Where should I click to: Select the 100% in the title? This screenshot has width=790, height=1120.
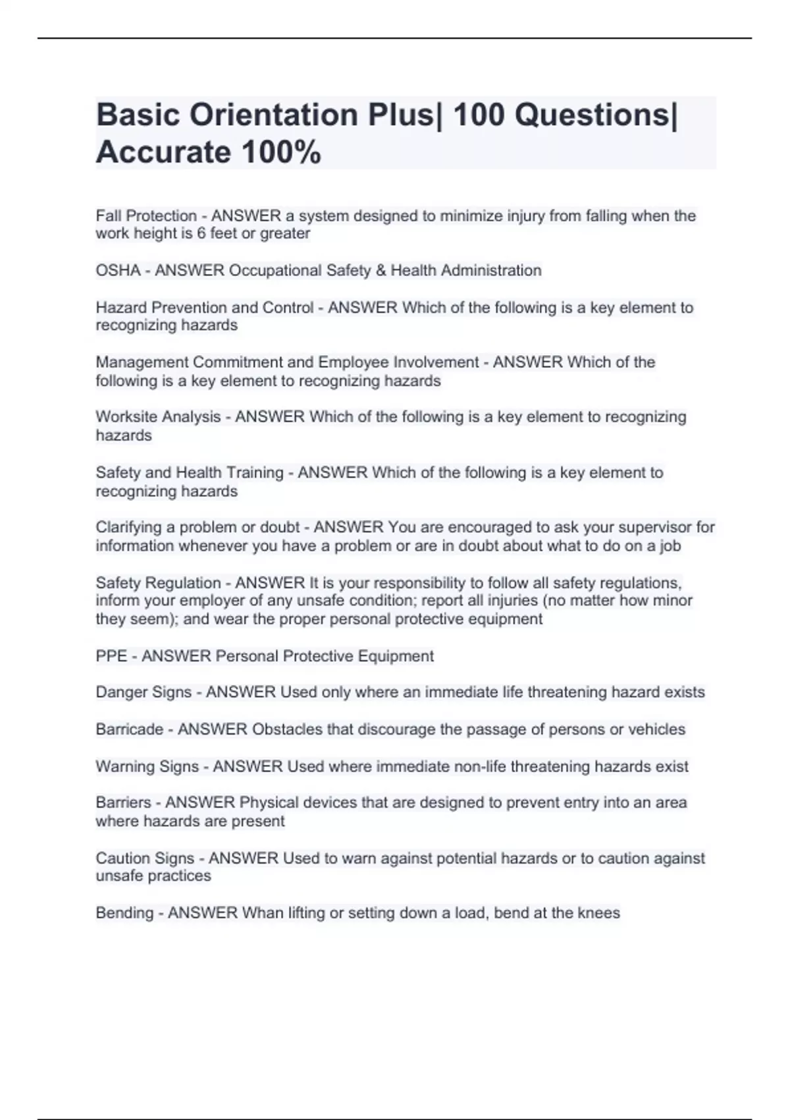[x=281, y=152]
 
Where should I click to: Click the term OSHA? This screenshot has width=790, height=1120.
[x=118, y=271]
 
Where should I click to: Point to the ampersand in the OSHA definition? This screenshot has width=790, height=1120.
[x=381, y=271]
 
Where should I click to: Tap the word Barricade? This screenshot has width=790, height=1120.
[x=129, y=729]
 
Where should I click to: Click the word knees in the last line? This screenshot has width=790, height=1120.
[x=598, y=913]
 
